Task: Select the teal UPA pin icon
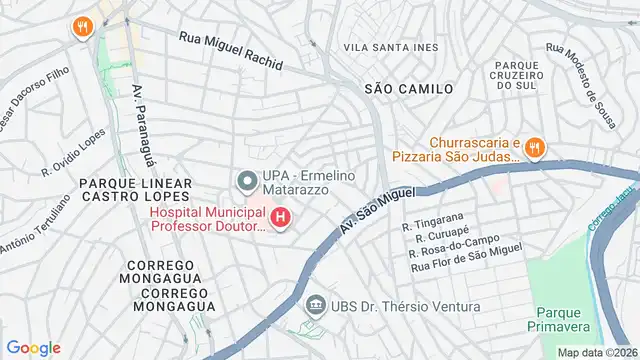245,181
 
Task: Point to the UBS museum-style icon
315,304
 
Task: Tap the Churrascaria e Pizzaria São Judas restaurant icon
536,149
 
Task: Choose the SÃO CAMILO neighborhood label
408,89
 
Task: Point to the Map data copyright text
597,352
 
